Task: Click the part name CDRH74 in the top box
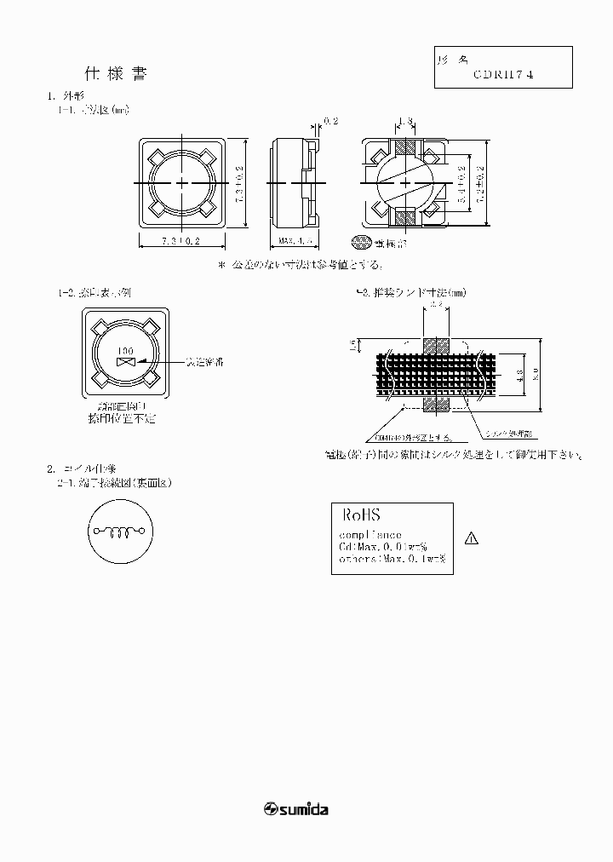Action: [505, 74]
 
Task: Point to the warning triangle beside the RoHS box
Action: [473, 538]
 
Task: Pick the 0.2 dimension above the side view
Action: [331, 122]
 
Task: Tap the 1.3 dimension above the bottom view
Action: [406, 122]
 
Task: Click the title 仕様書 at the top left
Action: [116, 74]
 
